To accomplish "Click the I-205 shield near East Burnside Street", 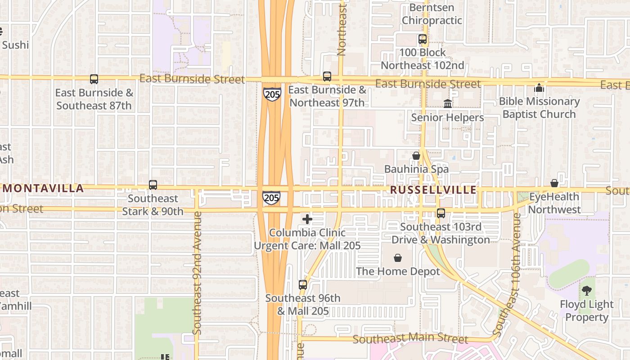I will [272, 94].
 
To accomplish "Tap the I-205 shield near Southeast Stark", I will [271, 197].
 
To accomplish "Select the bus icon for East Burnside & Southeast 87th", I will [94, 79].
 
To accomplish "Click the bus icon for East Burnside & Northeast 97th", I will [327, 76].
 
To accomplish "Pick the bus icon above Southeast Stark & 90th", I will [153, 185].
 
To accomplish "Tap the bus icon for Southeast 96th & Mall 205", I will [303, 284].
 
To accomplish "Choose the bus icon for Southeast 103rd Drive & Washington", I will [441, 213].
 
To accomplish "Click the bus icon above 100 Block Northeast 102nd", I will [423, 39].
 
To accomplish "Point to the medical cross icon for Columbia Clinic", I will [307, 219].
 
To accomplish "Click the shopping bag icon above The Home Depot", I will [398, 258].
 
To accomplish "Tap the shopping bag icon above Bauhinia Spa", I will [416, 156].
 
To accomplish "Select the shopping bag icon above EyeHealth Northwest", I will [554, 183].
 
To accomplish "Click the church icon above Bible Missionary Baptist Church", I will [539, 88].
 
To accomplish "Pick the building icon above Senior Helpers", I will [448, 104].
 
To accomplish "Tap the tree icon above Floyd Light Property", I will [586, 291].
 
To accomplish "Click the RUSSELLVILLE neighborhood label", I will [433, 190].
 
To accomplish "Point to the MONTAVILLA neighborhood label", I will [44, 188].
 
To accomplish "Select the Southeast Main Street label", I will [410, 338].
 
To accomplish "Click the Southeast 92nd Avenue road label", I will [197, 273].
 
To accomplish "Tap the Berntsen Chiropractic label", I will [432, 14].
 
